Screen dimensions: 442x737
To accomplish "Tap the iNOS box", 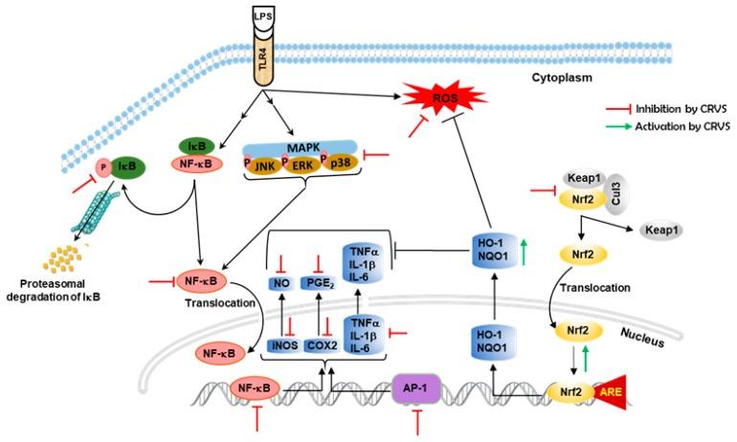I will [281, 347].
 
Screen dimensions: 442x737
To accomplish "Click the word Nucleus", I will [632, 336].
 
